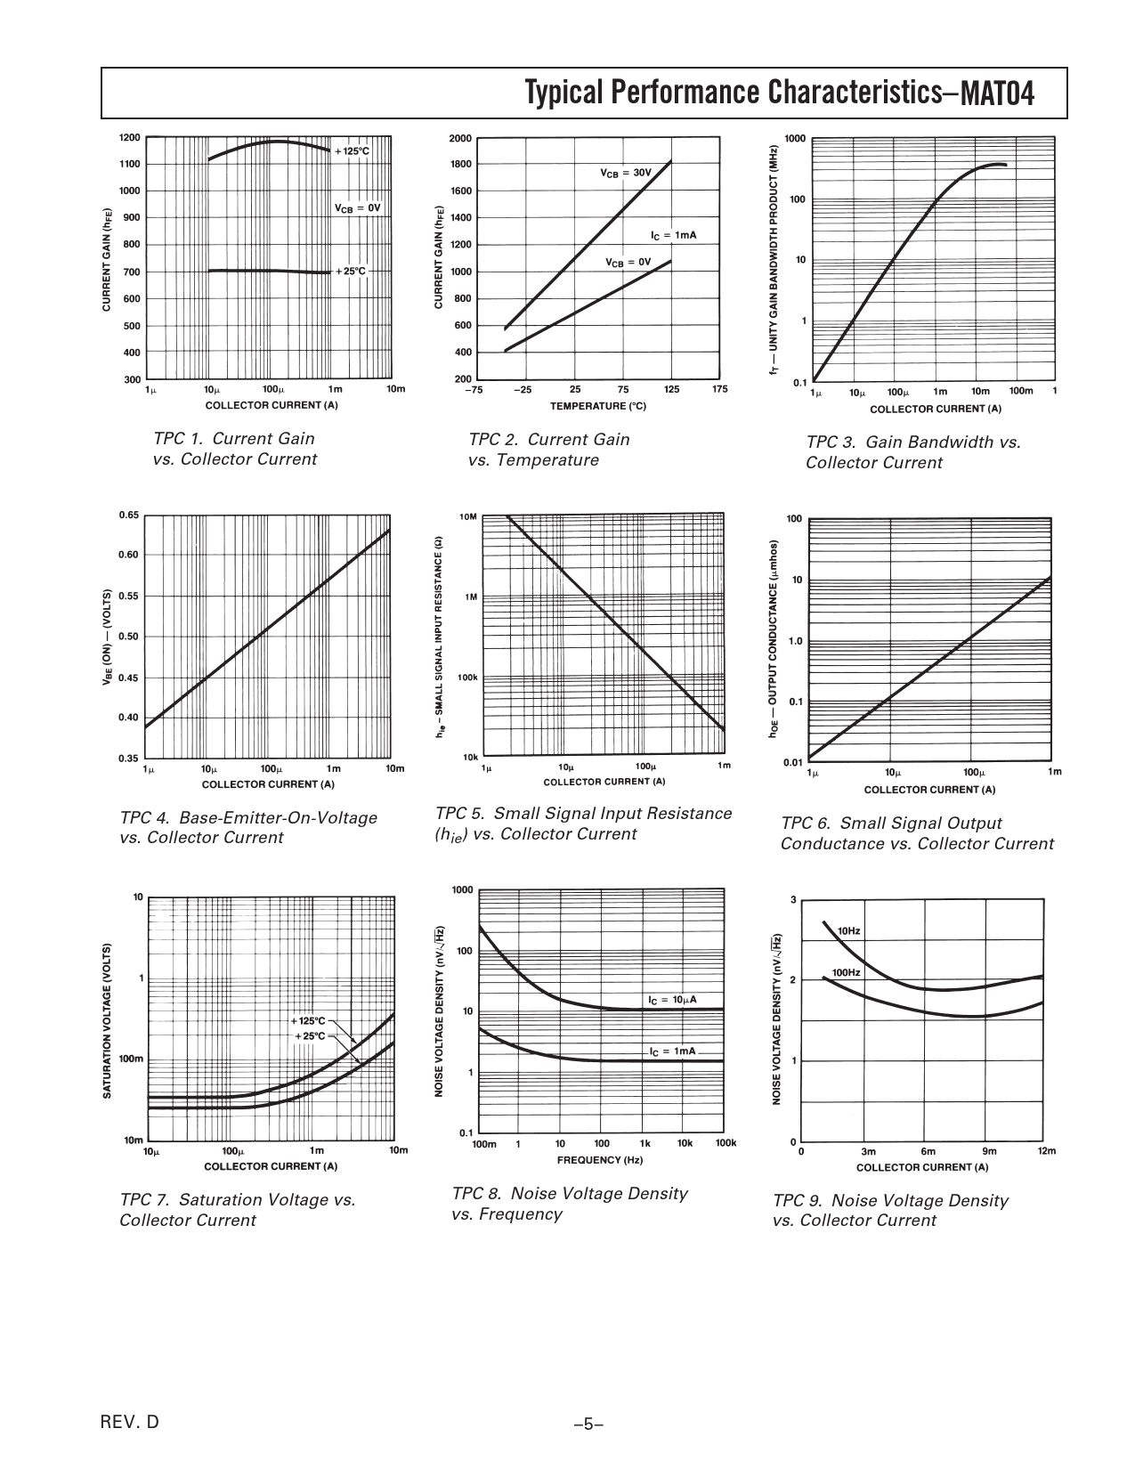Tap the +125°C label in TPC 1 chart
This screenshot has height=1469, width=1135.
coord(351,151)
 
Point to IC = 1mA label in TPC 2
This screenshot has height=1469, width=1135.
coord(673,235)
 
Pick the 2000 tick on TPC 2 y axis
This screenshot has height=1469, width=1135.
coord(460,139)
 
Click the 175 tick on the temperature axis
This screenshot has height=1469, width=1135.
coord(719,389)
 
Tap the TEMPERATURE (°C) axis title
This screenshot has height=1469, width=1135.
coord(597,406)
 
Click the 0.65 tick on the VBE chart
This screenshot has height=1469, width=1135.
coord(128,515)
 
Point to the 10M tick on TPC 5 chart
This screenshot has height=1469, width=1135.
coord(467,517)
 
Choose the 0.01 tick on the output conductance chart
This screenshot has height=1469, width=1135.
coord(792,762)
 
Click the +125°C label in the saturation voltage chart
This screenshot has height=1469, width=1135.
coord(308,1020)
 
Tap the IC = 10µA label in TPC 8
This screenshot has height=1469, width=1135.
coord(672,1000)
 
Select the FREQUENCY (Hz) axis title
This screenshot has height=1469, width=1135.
coord(599,1160)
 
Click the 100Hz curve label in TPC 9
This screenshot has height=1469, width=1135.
coord(846,972)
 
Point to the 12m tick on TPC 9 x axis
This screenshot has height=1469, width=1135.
coord(1046,1151)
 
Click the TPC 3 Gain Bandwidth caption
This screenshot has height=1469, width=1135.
coord(912,452)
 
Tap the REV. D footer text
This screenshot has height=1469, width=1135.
coord(131,1422)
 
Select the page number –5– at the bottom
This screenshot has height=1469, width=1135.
coord(589,1424)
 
